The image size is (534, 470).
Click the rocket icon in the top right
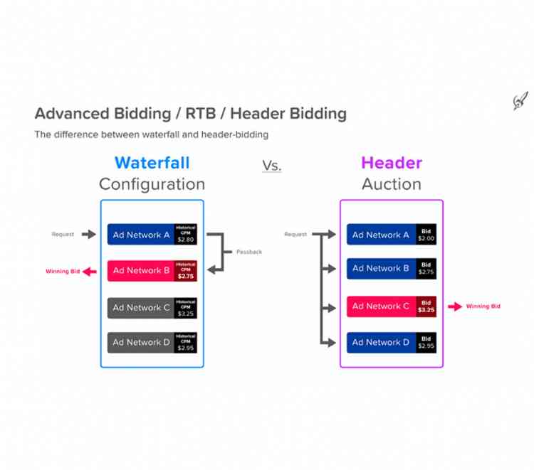[x=520, y=102]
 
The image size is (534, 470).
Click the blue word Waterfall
[x=152, y=163]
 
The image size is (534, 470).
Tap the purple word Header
[x=391, y=163]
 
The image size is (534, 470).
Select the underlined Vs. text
[x=271, y=166]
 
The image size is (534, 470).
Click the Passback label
[x=248, y=252]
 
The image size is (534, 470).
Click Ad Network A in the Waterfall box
[x=141, y=235]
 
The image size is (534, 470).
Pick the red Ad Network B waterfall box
[x=141, y=270]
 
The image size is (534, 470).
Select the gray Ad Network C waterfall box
[x=141, y=308]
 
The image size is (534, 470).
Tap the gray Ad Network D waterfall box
[x=141, y=343]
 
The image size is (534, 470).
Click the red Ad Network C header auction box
[x=382, y=306]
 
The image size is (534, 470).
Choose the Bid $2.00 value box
[x=426, y=235]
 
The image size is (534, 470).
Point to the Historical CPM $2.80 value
[x=186, y=235]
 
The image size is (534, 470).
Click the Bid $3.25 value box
[x=426, y=306]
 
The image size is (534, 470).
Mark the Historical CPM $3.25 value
[x=186, y=308]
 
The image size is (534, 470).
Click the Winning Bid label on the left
[x=63, y=272]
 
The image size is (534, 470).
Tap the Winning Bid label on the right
[x=483, y=306]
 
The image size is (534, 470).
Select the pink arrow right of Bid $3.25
[x=455, y=306]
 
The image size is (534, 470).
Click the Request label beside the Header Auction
[x=295, y=235]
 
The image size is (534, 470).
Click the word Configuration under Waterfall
[x=152, y=184]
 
